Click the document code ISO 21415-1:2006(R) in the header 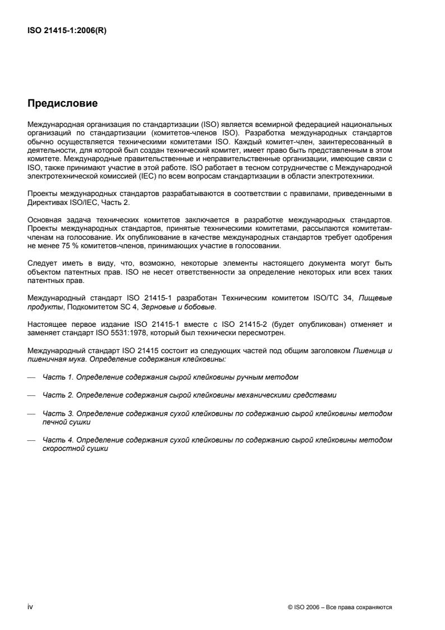[67, 31]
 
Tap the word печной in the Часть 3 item [54, 421]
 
